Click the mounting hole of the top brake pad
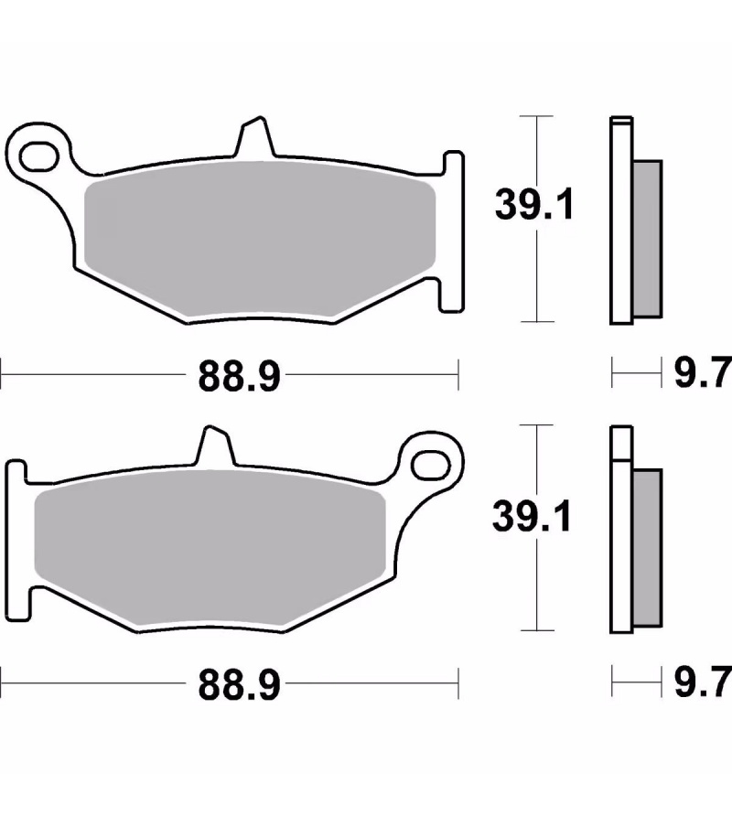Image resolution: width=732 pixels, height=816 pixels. click(x=38, y=156)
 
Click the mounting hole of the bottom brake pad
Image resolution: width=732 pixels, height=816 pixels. click(x=431, y=465)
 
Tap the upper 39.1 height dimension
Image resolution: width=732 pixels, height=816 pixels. click(x=534, y=205)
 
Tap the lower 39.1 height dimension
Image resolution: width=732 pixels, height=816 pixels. click(x=533, y=515)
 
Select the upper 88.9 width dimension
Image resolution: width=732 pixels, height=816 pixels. click(x=240, y=376)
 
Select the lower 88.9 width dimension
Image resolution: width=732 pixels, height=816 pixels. click(x=240, y=685)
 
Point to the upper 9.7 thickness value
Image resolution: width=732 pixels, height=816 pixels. click(x=703, y=372)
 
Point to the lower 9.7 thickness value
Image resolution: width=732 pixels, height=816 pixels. click(x=703, y=682)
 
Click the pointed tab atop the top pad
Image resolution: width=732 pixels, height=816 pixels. click(x=254, y=136)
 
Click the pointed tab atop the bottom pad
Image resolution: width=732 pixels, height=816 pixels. click(x=215, y=446)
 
